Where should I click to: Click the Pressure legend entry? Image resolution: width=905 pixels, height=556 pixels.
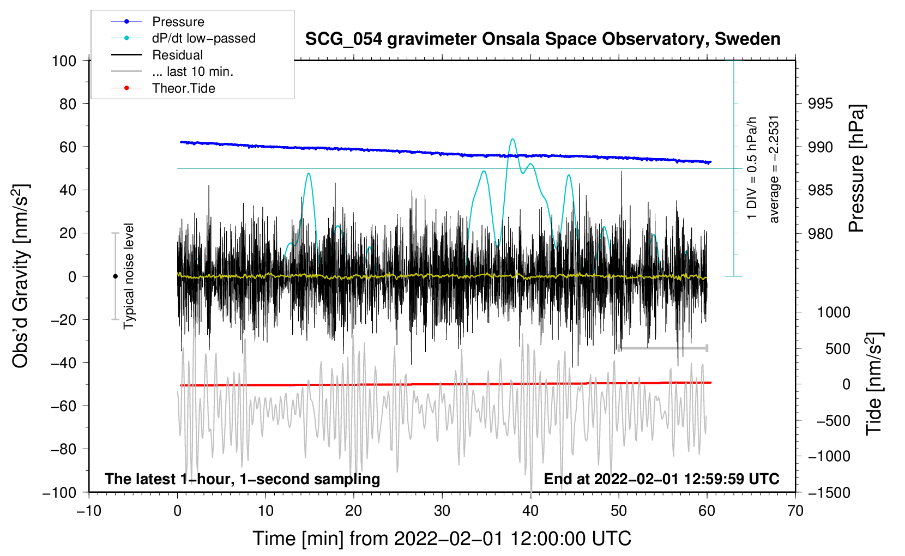point(178,22)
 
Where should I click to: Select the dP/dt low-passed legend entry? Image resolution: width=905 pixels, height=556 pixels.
point(203,38)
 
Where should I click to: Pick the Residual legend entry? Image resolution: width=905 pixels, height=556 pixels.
point(177,55)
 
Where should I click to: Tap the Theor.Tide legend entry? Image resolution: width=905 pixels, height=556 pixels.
point(183,88)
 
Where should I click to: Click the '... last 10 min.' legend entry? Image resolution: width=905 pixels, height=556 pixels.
point(192,71)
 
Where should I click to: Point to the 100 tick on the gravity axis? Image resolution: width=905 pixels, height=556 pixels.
point(64,61)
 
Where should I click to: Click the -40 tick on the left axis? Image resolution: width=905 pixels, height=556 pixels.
point(64,362)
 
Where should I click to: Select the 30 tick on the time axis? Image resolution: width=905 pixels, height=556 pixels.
point(442,511)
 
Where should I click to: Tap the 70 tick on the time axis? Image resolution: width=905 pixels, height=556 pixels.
point(795,511)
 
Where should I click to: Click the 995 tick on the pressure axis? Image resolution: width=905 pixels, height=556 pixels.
point(820,104)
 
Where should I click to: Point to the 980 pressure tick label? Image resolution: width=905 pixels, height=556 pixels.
point(820,233)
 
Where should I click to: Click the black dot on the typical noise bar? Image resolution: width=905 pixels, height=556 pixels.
point(115,276)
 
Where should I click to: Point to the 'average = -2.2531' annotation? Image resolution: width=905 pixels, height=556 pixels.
point(774,169)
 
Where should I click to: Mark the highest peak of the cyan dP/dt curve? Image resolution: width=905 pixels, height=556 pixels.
point(512,139)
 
